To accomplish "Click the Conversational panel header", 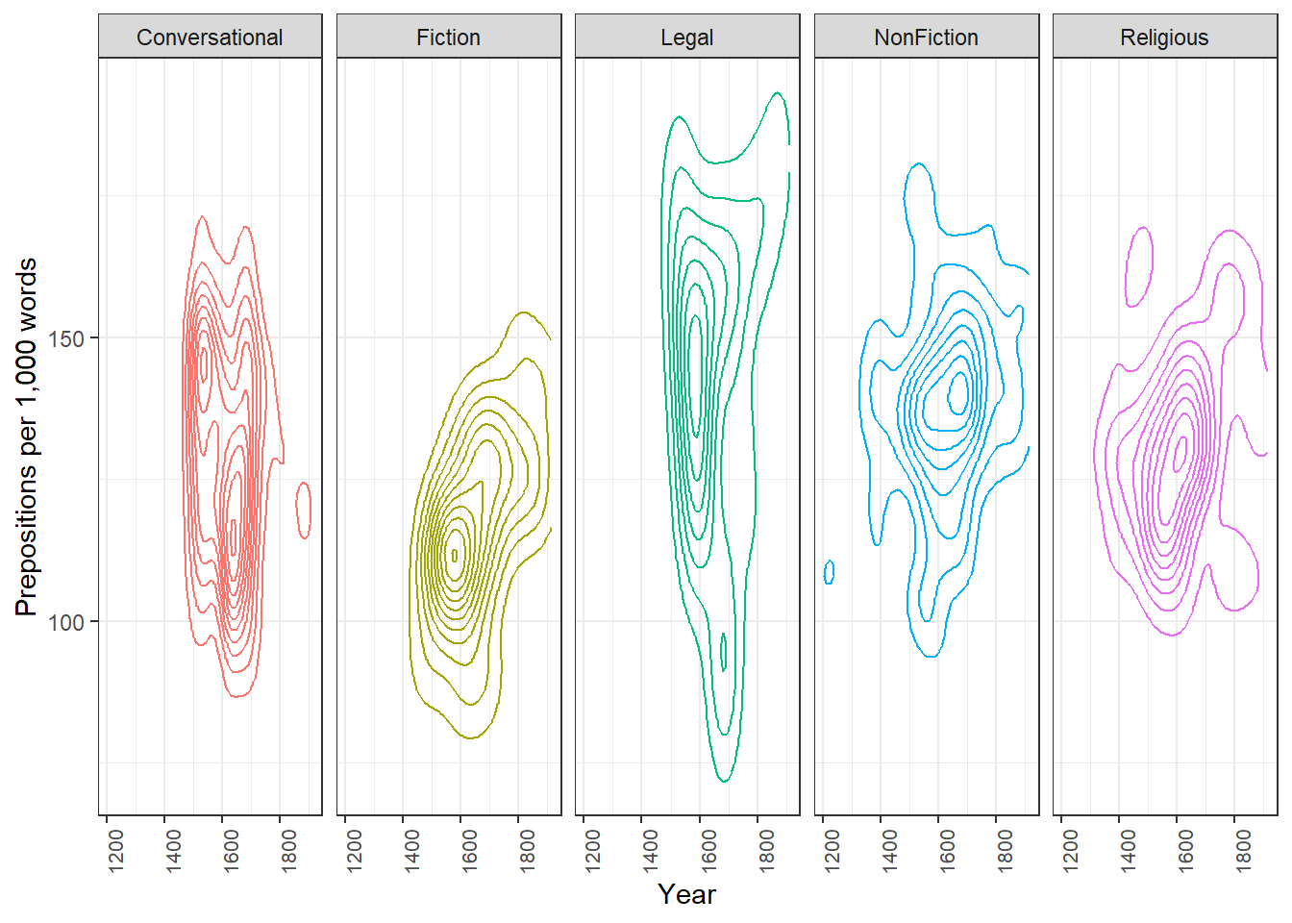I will tap(210, 37).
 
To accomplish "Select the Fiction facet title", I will tap(448, 37).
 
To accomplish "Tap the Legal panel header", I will tap(687, 37).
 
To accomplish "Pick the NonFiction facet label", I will tap(926, 37).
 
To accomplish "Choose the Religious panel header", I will tap(1164, 37).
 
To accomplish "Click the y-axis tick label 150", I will tap(66, 338).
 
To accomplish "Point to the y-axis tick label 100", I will tap(66, 622).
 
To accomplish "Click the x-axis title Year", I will tap(686, 894).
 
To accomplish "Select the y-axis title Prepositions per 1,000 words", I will tap(27, 437).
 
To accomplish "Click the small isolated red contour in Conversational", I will tap(304, 511).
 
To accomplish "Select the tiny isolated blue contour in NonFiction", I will tap(830, 572).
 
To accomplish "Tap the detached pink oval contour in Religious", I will tap(1139, 266).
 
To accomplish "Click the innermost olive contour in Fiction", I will tap(455, 555).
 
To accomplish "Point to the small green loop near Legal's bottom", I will tap(724, 652).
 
